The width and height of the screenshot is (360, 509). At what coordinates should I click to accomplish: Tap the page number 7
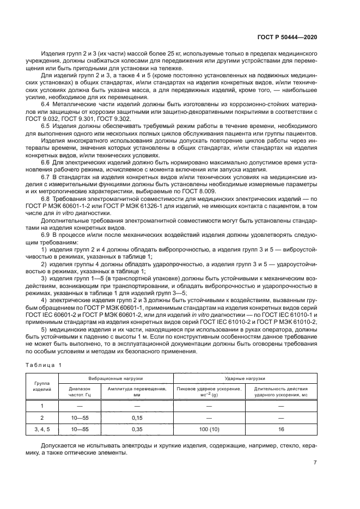tap(315, 463)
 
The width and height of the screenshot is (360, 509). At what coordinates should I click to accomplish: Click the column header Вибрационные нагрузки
tap(116, 378)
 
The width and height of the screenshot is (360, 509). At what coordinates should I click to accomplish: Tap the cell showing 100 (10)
tap(209, 430)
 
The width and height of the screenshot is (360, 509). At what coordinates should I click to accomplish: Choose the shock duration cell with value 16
tap(281, 430)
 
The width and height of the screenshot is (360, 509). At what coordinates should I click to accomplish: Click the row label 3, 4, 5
tap(42, 430)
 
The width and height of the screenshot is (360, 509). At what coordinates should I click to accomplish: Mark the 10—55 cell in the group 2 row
tap(80, 418)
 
